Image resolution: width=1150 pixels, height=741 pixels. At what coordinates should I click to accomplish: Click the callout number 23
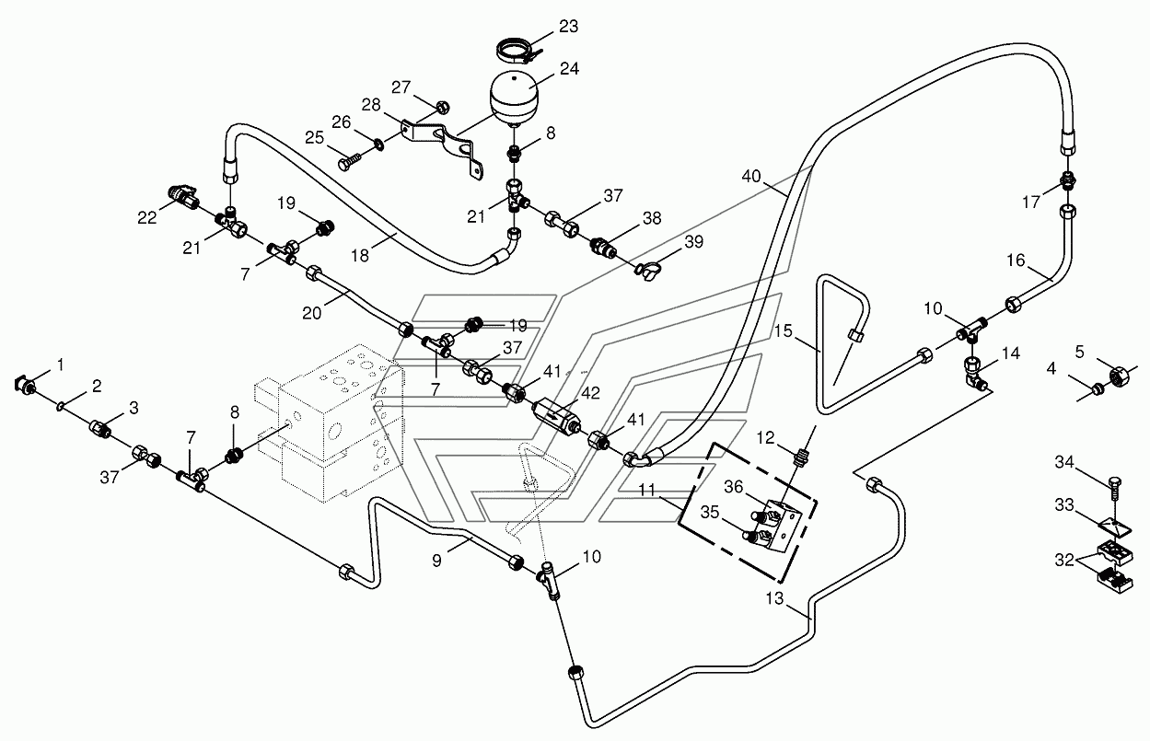pyautogui.click(x=568, y=26)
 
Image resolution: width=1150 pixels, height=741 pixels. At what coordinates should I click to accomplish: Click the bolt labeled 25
pyautogui.click(x=350, y=160)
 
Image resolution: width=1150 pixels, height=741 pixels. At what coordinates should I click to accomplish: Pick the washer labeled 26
pyautogui.click(x=379, y=145)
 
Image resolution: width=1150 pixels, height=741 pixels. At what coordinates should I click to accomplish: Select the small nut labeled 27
pyautogui.click(x=443, y=107)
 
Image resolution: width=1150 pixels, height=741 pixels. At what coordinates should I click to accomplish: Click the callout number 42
pyautogui.click(x=590, y=393)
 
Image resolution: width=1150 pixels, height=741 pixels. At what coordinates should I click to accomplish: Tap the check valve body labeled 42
pyautogui.click(x=557, y=414)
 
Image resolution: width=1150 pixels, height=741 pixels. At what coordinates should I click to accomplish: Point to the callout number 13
pyautogui.click(x=774, y=598)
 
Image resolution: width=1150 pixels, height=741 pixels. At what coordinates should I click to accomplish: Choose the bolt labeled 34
pyautogui.click(x=1113, y=490)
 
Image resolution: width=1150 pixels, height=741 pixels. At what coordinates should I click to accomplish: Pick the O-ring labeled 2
pyautogui.click(x=61, y=406)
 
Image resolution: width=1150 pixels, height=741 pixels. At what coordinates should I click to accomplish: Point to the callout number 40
pyautogui.click(x=751, y=177)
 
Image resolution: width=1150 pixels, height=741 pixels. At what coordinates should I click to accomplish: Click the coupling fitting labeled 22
pyautogui.click(x=184, y=198)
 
